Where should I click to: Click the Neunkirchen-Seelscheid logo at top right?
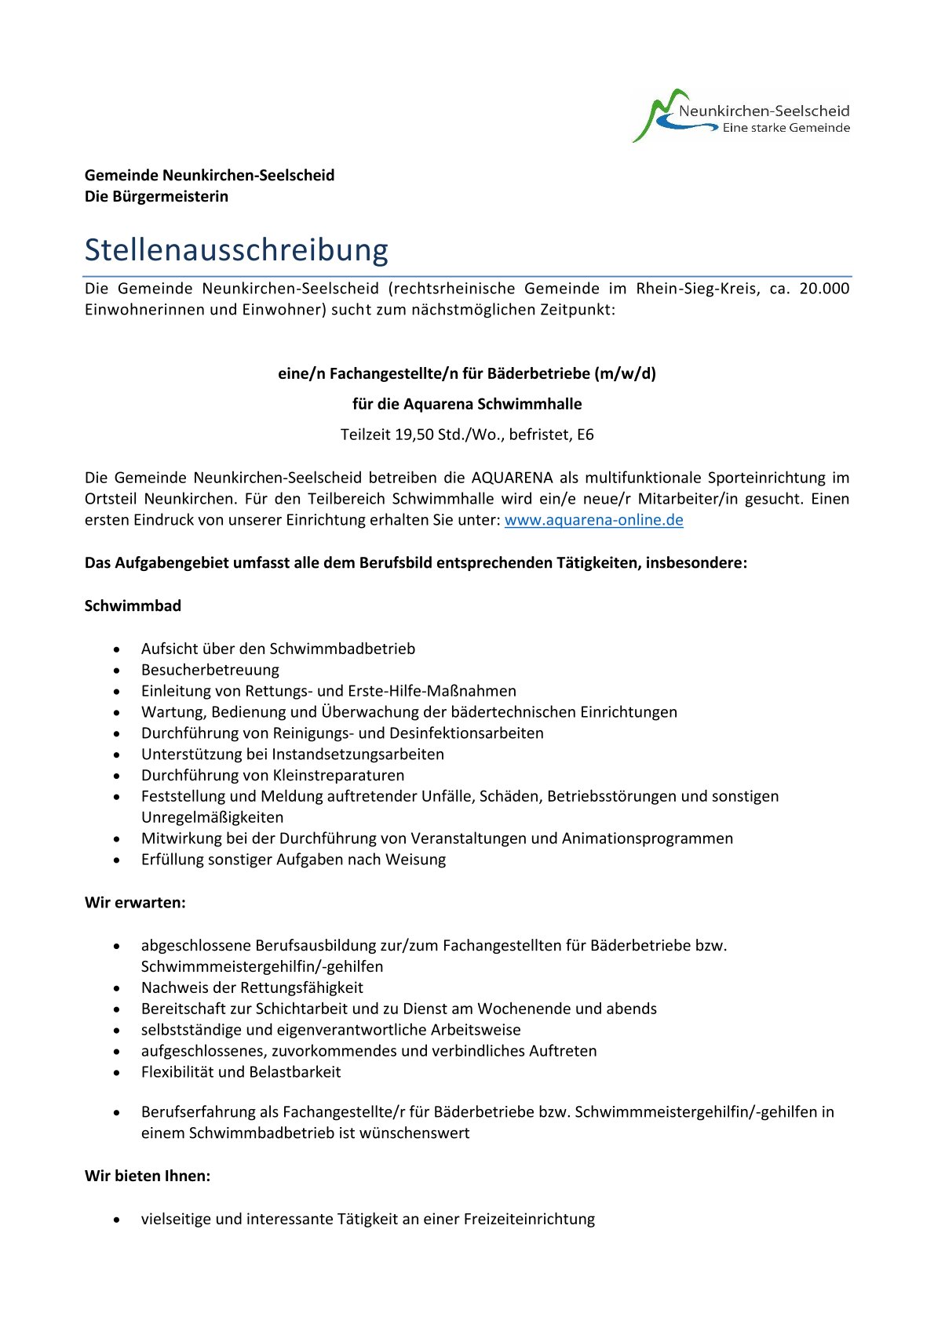(x=740, y=116)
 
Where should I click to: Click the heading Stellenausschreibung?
(x=236, y=250)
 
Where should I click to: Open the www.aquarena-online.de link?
(x=593, y=520)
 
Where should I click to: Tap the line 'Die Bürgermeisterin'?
(x=156, y=197)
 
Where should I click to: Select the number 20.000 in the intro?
(x=824, y=289)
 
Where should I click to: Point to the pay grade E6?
(x=586, y=435)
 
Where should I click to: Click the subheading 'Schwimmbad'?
(x=133, y=606)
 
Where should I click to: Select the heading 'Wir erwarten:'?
(x=135, y=903)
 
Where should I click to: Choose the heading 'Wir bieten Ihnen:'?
(x=148, y=1176)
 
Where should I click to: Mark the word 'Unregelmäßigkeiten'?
(x=212, y=817)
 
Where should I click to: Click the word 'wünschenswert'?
(x=414, y=1133)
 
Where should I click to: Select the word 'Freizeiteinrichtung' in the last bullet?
(x=529, y=1220)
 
